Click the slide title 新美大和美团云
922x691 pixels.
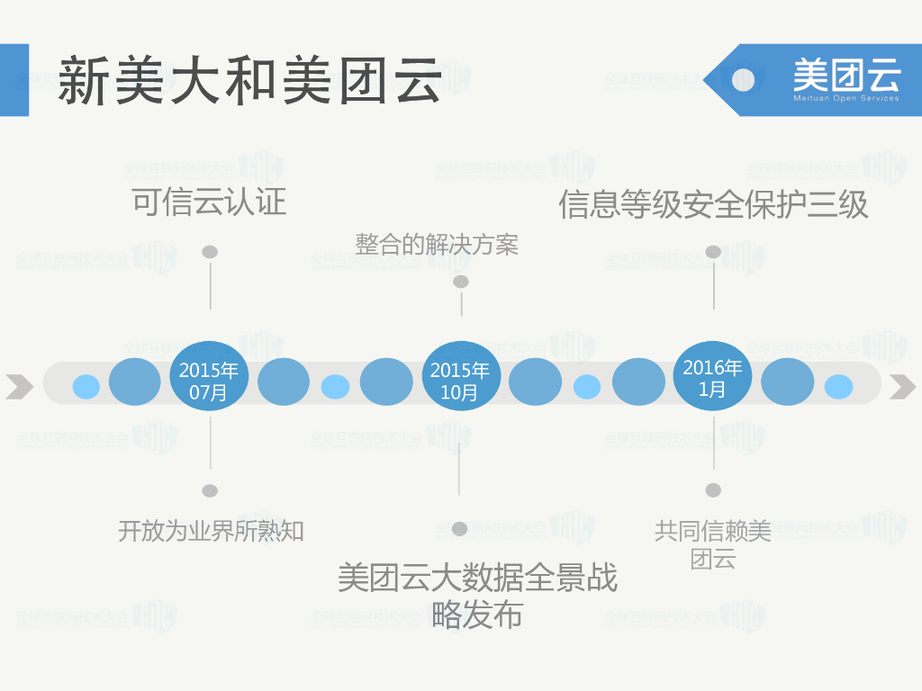click(249, 80)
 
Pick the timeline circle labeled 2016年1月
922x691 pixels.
click(712, 379)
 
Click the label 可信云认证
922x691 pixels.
click(209, 201)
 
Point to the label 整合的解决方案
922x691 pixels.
click(437, 244)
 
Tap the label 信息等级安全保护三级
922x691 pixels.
click(713, 204)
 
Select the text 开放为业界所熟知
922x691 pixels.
click(211, 531)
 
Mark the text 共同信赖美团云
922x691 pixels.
click(713, 544)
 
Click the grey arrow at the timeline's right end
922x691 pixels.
click(902, 387)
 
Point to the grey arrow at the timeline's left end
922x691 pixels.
click(19, 387)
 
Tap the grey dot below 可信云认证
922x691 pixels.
click(210, 252)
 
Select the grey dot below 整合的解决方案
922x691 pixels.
click(461, 282)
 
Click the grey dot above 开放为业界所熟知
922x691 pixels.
click(210, 490)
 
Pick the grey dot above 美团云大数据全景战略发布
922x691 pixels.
click(459, 529)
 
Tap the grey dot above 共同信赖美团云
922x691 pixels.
click(713, 489)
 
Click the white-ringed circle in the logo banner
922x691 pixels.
click(743, 79)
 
